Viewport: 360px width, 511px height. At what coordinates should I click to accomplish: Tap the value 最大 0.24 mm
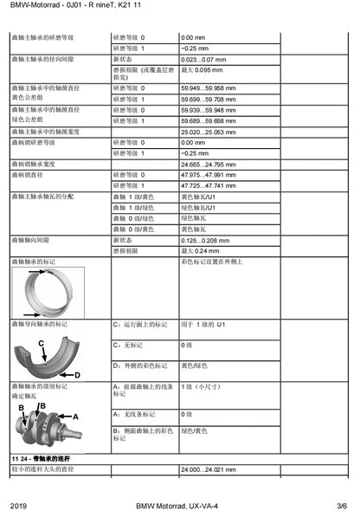click(x=202, y=249)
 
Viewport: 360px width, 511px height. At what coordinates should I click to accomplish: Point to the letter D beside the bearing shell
click(x=77, y=374)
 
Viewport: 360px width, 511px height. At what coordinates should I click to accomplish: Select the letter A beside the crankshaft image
click(x=75, y=417)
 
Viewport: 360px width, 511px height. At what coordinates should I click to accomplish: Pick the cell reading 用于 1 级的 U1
click(x=203, y=324)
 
